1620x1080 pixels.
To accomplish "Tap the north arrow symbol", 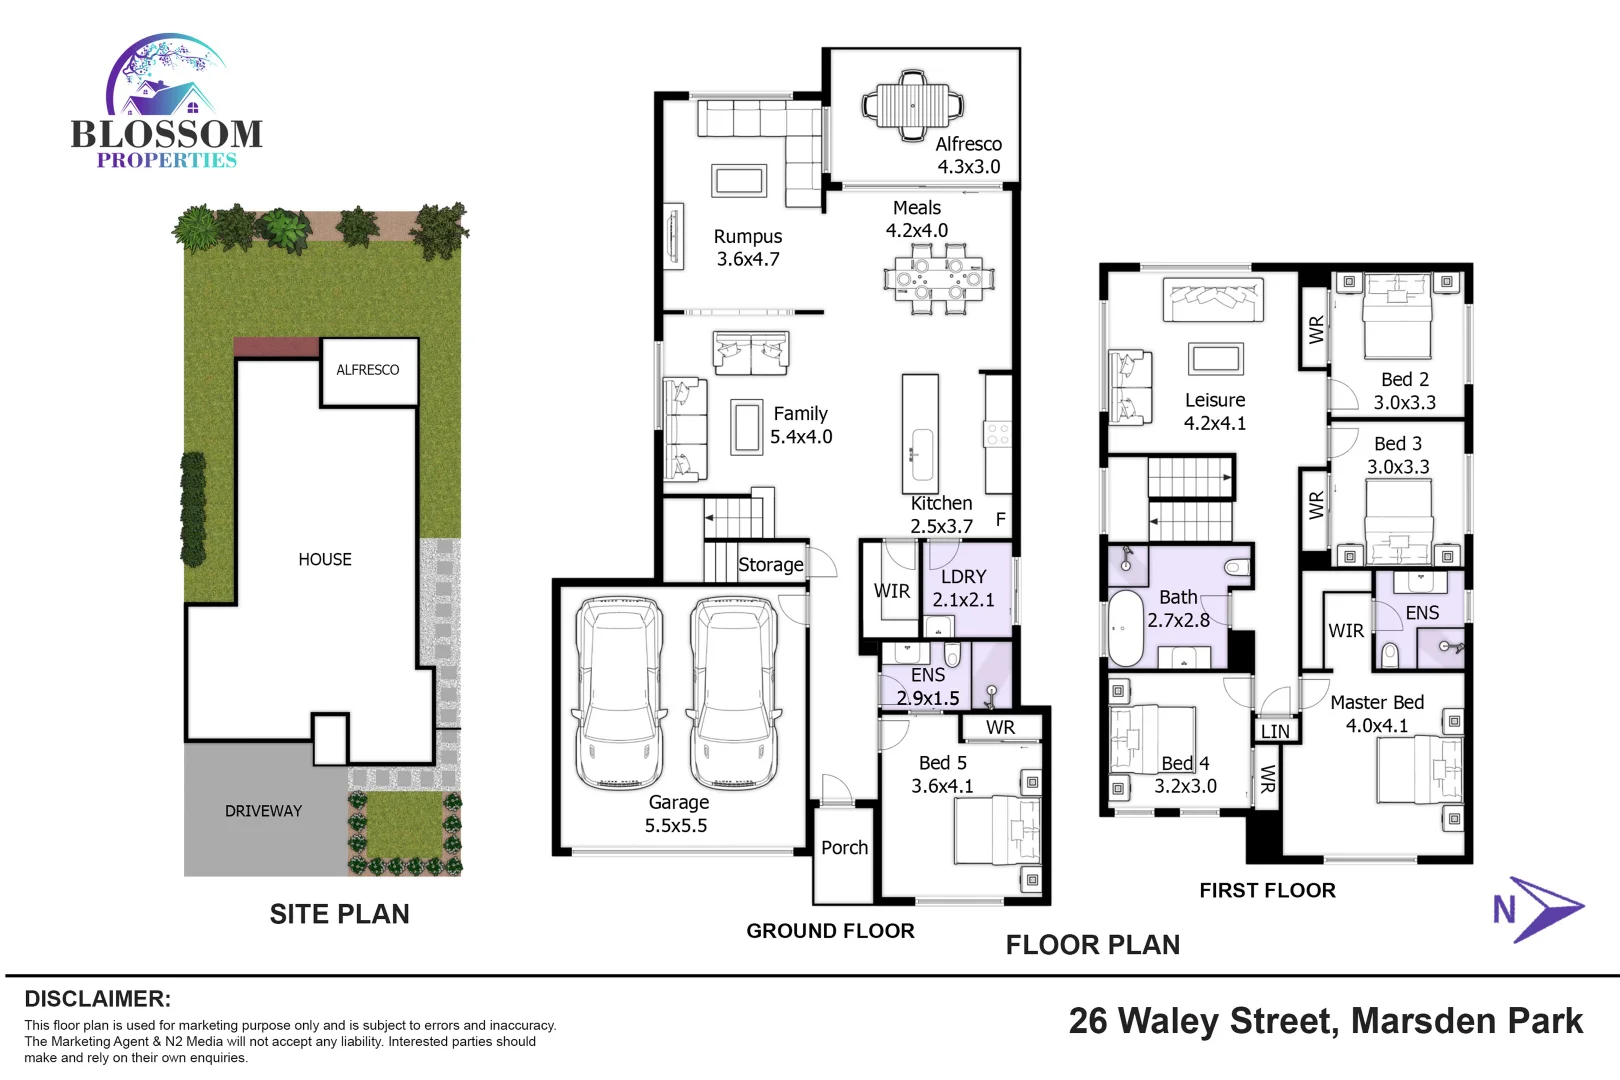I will [1540, 909].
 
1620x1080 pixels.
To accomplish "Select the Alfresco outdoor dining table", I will [913, 103].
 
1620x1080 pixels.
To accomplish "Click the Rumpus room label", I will [747, 237].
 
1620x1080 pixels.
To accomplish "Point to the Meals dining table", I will [938, 280].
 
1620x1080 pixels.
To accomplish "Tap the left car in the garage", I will [620, 692].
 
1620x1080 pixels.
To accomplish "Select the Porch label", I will [844, 848].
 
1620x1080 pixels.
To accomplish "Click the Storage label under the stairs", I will [770, 565].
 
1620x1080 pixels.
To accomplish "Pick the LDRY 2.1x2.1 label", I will [963, 589].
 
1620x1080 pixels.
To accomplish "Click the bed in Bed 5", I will [997, 831].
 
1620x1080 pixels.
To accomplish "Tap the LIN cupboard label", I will [1275, 732].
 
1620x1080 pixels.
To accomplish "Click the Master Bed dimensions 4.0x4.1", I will [1376, 726].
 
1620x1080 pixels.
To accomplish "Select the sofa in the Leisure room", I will [1213, 299].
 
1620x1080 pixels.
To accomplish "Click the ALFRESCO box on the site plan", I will [368, 371].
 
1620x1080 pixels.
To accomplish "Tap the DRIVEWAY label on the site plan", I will [263, 811].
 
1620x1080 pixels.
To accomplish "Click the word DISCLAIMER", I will [97, 999].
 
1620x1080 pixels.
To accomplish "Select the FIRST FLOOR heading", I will [1267, 891].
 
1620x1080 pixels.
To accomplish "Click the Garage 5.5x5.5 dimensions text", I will [676, 826].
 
